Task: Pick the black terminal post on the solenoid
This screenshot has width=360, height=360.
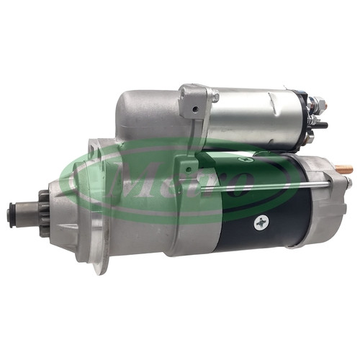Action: (322, 125)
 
